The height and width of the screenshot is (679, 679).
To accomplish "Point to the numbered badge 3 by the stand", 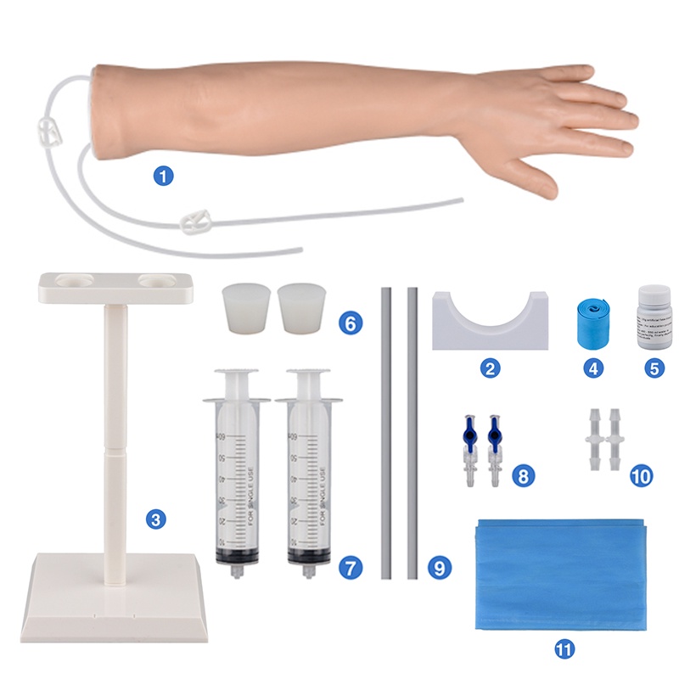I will [154, 518].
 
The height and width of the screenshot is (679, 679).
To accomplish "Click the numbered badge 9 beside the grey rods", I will [438, 567].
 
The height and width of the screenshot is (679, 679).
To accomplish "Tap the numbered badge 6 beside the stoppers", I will [348, 323].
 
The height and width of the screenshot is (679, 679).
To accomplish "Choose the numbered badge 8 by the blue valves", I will [524, 474].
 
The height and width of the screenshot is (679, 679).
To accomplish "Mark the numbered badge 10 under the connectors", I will [641, 474].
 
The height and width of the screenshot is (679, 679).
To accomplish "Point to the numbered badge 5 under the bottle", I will [652, 369].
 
